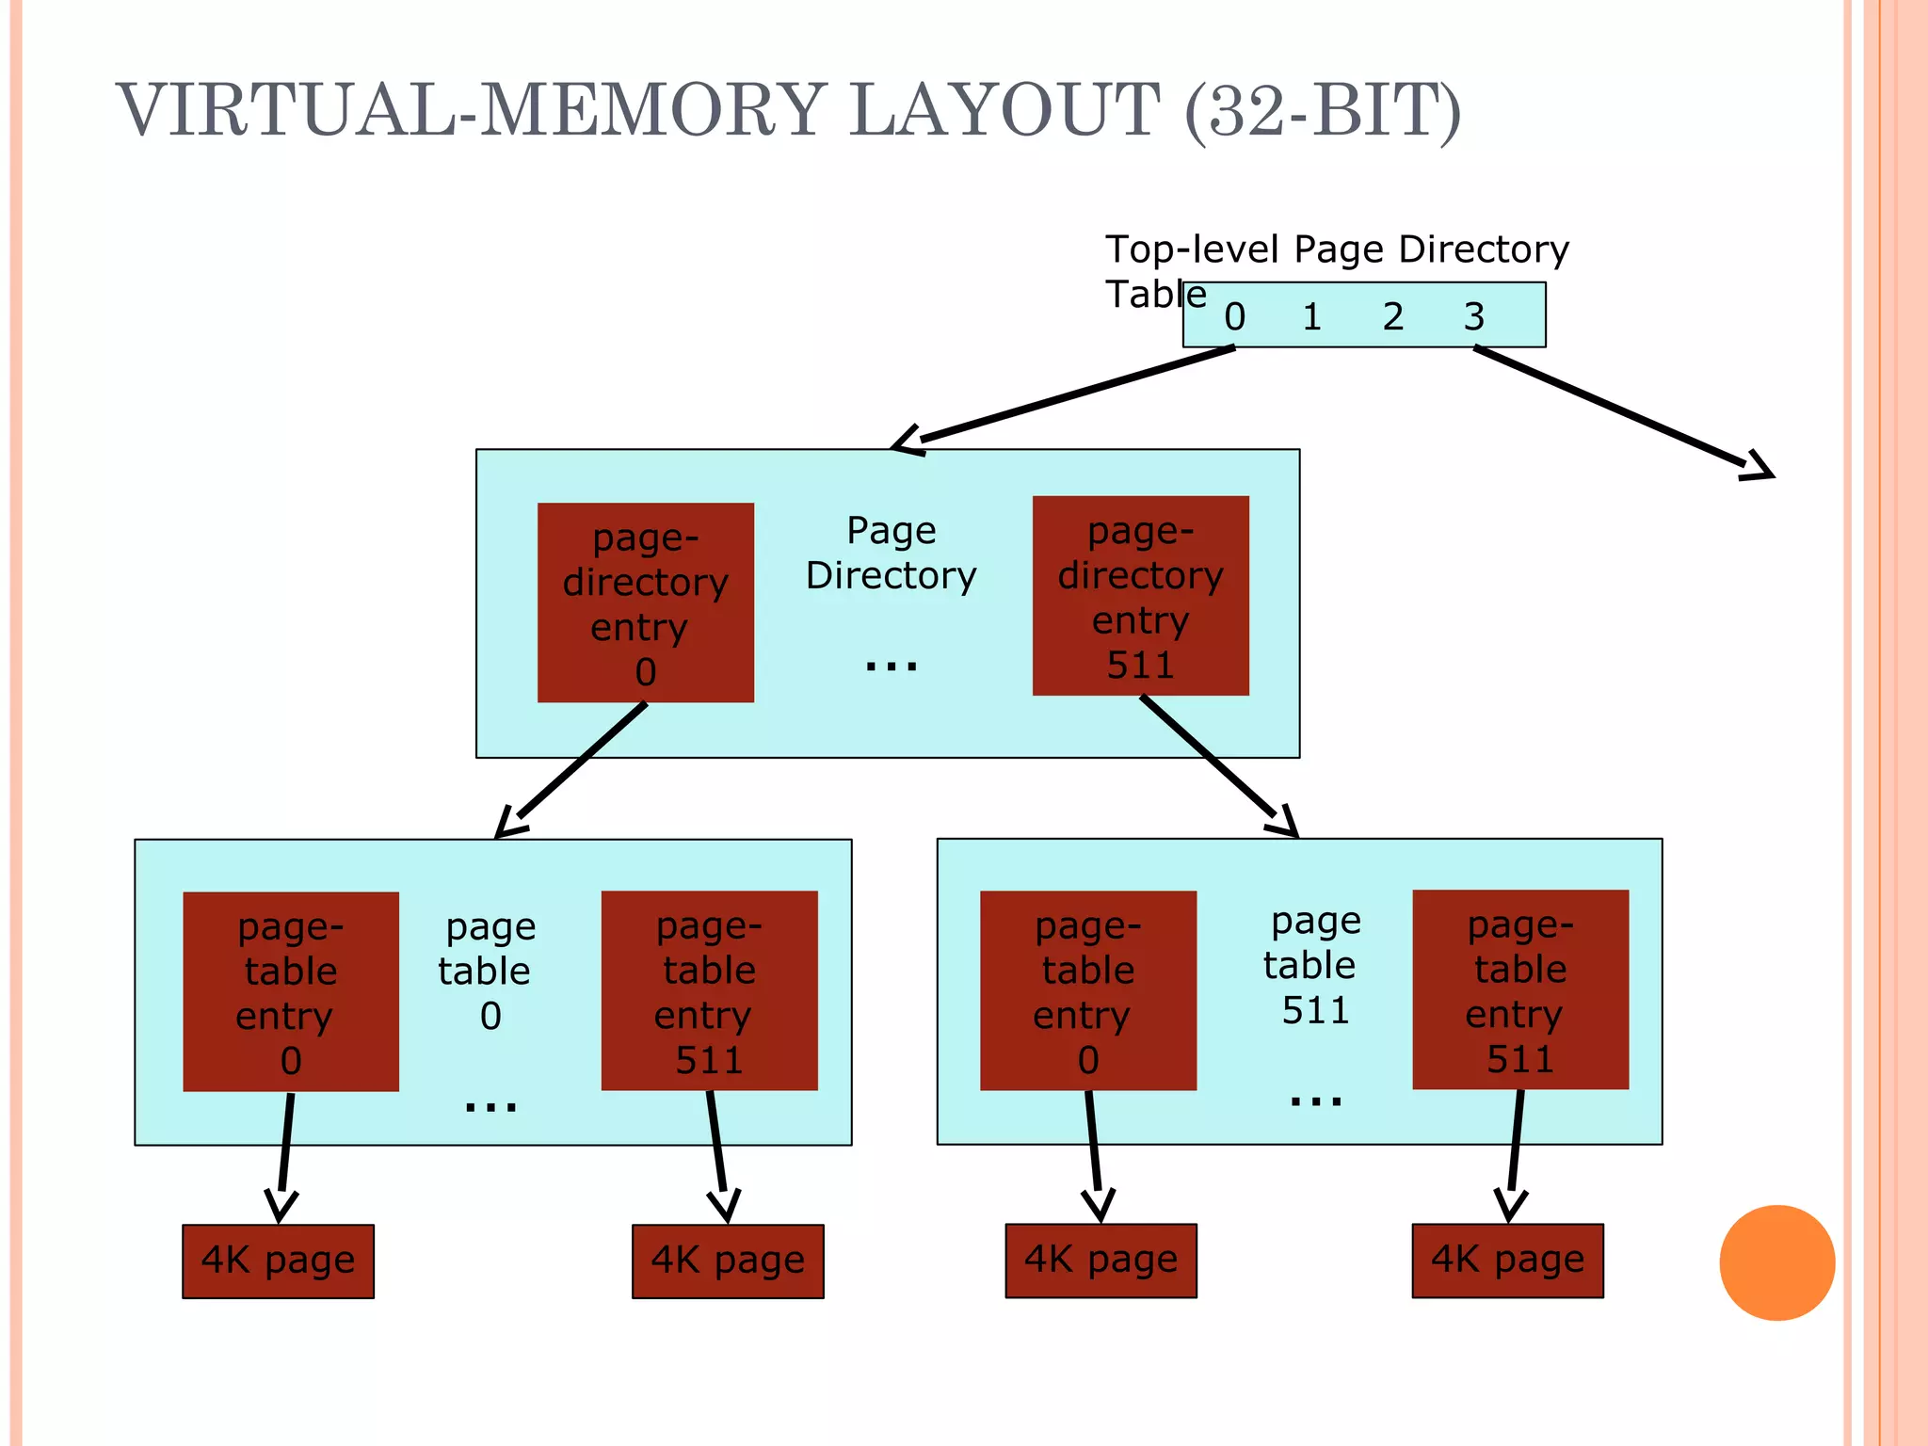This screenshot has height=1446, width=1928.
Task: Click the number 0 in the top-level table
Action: click(x=1234, y=317)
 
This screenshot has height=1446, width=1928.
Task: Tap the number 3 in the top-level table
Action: click(x=1473, y=317)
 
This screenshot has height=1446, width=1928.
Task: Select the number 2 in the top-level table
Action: click(x=1392, y=317)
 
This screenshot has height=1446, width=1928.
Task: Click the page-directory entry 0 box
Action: click(x=645, y=602)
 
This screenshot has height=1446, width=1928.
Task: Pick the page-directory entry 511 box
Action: click(x=1140, y=596)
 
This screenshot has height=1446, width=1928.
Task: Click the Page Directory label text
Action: click(x=891, y=554)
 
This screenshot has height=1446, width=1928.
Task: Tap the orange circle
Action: click(x=1776, y=1262)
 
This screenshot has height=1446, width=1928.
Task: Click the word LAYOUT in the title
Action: click(x=1004, y=110)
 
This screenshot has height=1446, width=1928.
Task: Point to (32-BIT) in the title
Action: click(x=1323, y=110)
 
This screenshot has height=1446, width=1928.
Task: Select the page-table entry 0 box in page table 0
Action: click(x=290, y=991)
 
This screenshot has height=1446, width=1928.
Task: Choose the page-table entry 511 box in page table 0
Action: click(x=709, y=990)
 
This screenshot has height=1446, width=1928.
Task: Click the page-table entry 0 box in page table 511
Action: click(x=1087, y=990)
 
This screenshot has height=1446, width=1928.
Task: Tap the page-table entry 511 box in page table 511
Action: click(x=1519, y=989)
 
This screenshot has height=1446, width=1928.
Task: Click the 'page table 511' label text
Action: click(x=1313, y=965)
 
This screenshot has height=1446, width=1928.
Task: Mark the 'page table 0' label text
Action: click(x=487, y=971)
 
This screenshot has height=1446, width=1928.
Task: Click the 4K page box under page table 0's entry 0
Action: click(x=278, y=1261)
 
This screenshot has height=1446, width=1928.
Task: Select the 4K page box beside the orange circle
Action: click(x=1506, y=1261)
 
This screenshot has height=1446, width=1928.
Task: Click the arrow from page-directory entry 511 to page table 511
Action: click(x=1216, y=764)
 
